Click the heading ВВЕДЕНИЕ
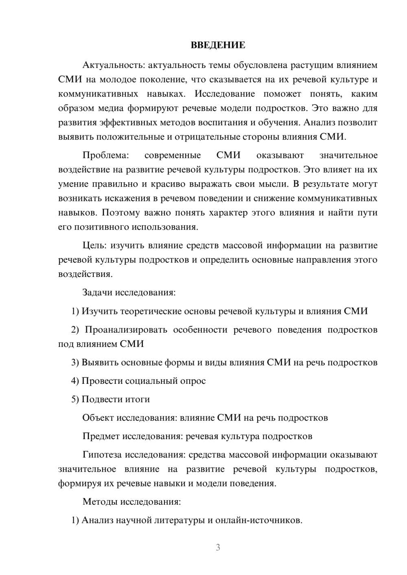click(x=218, y=45)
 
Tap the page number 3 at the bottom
click(x=218, y=547)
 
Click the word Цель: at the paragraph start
click(x=95, y=246)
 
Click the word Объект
click(x=98, y=418)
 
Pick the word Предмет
click(x=101, y=436)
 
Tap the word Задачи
click(x=98, y=292)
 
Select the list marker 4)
click(x=75, y=381)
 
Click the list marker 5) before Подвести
click(x=75, y=399)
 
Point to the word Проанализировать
click(x=126, y=330)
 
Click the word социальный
click(x=150, y=381)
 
